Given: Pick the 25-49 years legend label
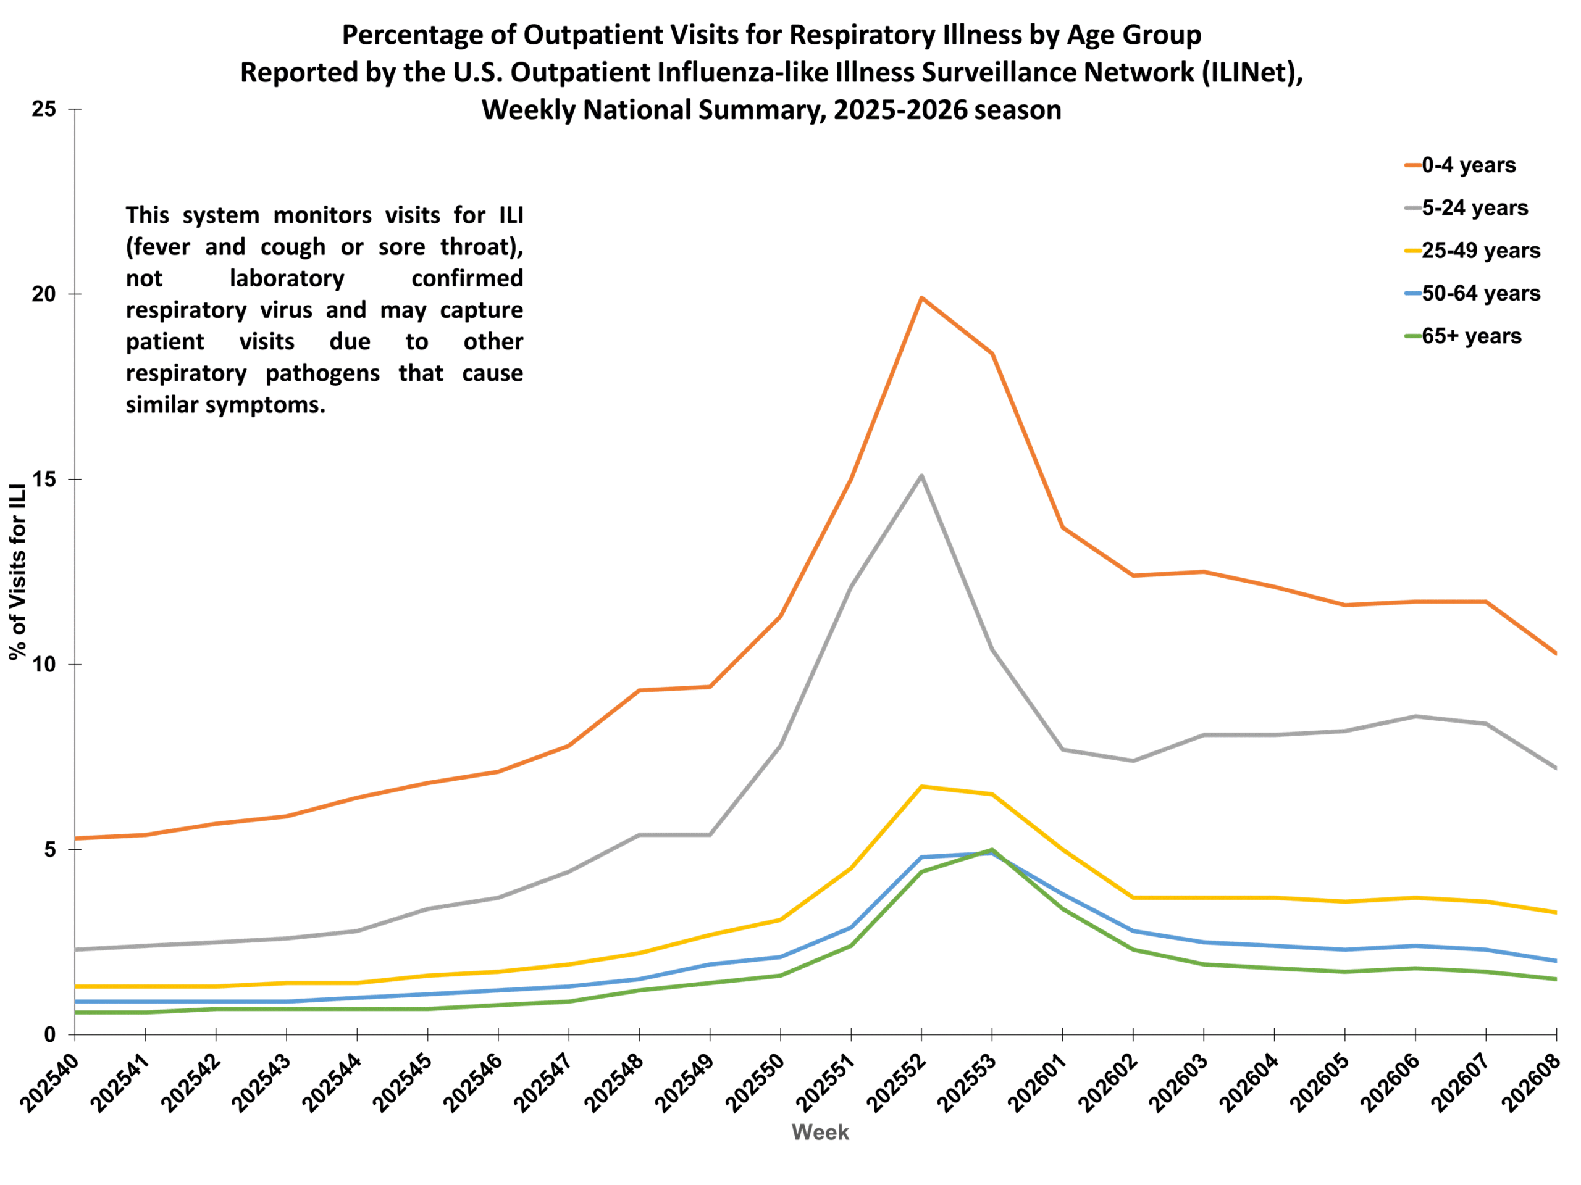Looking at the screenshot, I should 1480,251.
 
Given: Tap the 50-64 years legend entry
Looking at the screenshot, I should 1480,294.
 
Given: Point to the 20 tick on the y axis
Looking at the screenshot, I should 44,294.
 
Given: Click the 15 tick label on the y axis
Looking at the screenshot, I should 44,480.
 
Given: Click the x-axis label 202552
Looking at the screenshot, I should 897,1084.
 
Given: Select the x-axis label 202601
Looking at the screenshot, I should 1038,1084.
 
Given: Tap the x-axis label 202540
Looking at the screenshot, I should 50,1084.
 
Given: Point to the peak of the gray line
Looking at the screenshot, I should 921,476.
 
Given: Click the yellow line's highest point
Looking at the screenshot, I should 921,786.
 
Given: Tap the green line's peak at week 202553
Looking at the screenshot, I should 992,849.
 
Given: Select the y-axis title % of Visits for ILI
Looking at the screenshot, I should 18,572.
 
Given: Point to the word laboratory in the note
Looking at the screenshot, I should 287,278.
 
